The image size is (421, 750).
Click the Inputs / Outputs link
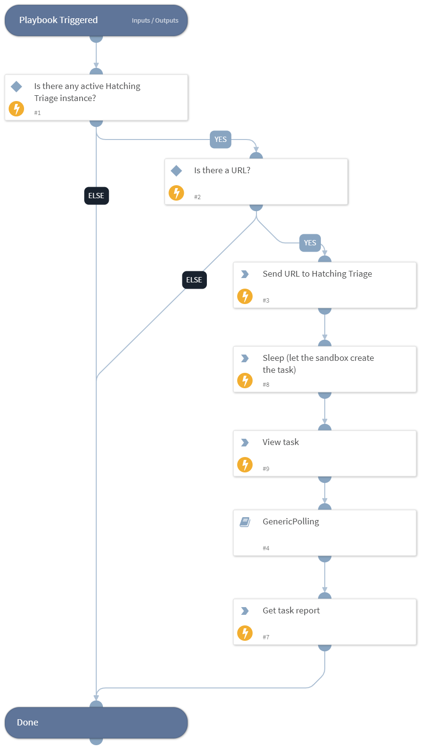tap(155, 21)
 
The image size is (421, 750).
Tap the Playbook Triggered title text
tap(58, 20)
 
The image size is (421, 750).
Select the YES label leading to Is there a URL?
tap(220, 140)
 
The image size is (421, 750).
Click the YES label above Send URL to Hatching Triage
tap(310, 243)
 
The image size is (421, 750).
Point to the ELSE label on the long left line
tap(96, 196)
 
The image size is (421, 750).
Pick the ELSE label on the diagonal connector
tap(194, 280)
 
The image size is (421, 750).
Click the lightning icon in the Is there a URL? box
tap(176, 193)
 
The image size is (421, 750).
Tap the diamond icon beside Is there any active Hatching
tap(16, 87)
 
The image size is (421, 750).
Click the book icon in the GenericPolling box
tap(245, 522)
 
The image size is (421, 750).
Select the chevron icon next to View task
tap(244, 443)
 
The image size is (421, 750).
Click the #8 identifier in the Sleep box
tap(266, 385)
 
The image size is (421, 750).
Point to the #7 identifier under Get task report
tap(266, 637)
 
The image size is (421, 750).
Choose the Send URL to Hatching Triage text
tap(317, 274)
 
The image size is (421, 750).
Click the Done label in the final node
tap(27, 723)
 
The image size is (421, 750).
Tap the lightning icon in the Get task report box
tap(245, 633)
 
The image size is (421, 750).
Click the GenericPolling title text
tap(291, 521)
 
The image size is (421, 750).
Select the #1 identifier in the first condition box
tap(38, 113)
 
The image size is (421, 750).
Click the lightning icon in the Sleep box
tap(245, 381)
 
